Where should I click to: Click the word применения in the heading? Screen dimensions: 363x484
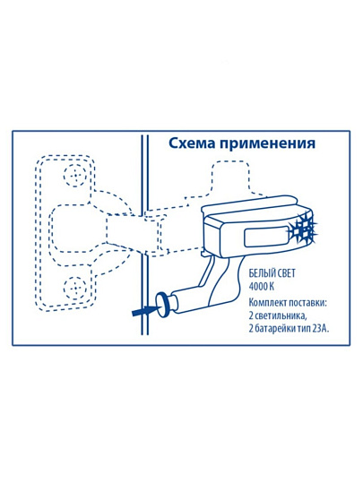tap(267, 144)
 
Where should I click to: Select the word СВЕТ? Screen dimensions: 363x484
tap(285, 273)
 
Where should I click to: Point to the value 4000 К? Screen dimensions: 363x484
tap(262, 287)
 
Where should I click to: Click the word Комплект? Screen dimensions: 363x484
tap(267, 303)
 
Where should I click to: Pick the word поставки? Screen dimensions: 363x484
tap(307, 303)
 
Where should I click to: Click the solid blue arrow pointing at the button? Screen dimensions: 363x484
tap(145, 310)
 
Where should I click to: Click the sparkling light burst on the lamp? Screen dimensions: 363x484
tap(303, 228)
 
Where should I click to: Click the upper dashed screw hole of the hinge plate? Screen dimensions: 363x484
tap(74, 176)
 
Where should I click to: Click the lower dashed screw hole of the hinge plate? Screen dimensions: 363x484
tap(74, 288)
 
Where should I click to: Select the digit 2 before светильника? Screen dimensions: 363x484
tap(251, 315)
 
